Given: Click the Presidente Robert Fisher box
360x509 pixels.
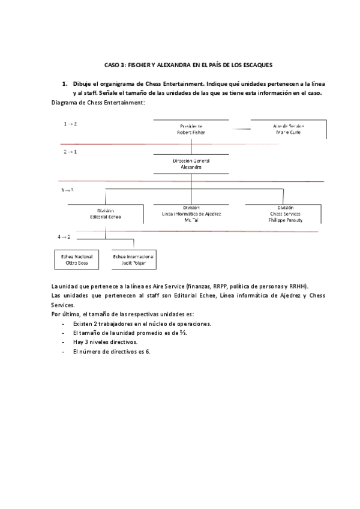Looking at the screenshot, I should tap(191, 129).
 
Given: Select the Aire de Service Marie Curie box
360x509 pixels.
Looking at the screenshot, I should tap(288, 129).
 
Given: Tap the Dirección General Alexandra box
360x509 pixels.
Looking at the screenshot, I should tap(191, 164).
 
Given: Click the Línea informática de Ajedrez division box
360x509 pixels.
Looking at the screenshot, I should tap(191, 214).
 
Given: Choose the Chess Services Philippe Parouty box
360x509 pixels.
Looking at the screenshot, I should tap(285, 214).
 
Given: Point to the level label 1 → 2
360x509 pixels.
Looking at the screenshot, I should tap(70, 124).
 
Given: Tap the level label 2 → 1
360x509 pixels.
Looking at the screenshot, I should tap(70, 152).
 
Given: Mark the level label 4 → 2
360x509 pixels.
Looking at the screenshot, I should tap(65, 237).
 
